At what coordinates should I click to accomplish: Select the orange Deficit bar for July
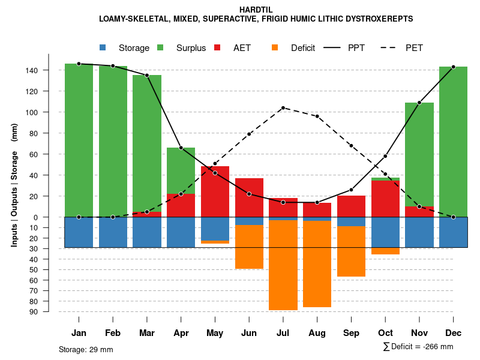point(283,265)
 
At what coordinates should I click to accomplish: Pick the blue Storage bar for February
point(113,232)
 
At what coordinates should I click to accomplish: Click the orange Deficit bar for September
point(351,251)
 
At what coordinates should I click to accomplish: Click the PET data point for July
point(283,108)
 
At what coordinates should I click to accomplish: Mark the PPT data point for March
point(147,75)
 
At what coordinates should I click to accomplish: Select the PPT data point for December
point(453,67)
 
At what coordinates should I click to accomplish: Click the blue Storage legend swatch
point(103,47)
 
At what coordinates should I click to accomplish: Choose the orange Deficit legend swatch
point(275,47)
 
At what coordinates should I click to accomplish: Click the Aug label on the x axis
point(317,333)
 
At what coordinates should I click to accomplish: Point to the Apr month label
point(181,333)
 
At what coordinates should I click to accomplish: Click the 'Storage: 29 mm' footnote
point(86,349)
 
